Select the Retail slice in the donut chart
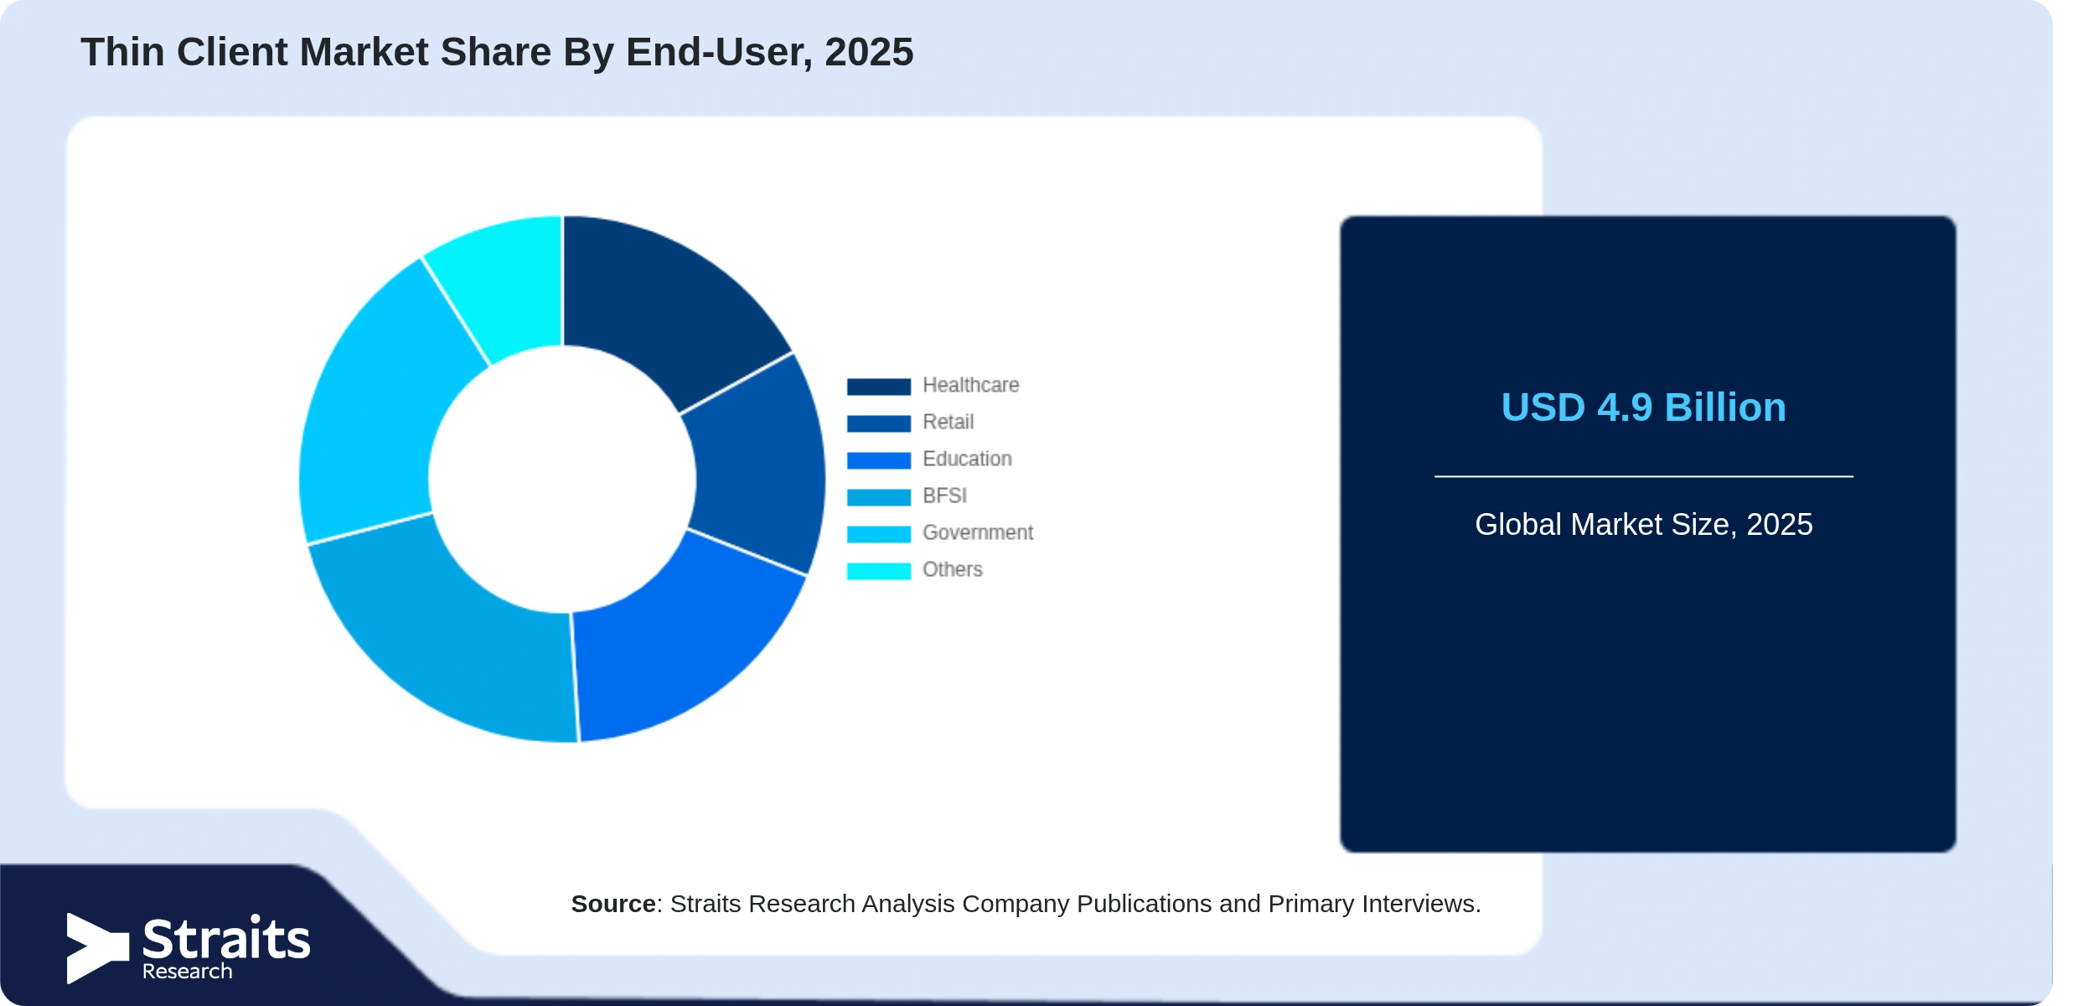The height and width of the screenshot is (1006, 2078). (758, 465)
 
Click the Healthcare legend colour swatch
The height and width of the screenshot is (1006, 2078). (878, 386)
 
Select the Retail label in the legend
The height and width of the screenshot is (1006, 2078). (948, 422)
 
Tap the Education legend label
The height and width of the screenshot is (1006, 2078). (967, 459)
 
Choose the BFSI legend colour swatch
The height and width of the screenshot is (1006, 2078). (878, 497)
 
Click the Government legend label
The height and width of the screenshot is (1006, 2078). (978, 532)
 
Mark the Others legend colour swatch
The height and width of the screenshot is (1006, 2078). (878, 571)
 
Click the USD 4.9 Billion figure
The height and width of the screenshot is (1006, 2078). (1643, 407)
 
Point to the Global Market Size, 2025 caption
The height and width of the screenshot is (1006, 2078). (1643, 525)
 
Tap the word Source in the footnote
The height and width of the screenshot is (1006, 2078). (613, 904)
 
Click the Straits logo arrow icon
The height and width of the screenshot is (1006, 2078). (97, 948)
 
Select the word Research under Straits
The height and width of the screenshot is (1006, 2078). (187, 972)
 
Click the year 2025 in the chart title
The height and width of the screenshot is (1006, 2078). (869, 52)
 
